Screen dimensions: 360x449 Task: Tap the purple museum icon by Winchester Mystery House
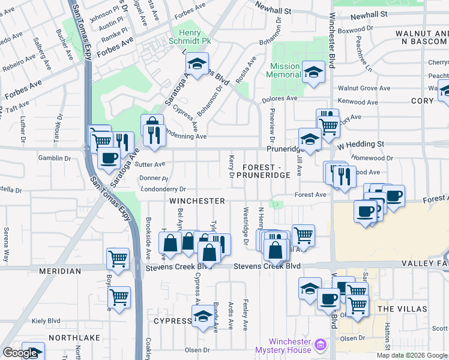point(321,344)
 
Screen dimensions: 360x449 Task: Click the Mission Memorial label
point(285,70)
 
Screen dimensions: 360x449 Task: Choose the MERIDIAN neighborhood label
point(59,271)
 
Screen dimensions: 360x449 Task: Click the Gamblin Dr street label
point(53,158)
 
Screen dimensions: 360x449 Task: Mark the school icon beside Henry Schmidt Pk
point(196,62)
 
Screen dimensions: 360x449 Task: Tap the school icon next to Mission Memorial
point(313,71)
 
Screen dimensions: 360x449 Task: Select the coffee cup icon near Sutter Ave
point(108,158)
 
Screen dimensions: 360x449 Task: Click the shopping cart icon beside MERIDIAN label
point(118,259)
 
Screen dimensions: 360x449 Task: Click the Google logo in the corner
point(20,353)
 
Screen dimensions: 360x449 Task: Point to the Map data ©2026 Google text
point(412,355)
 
